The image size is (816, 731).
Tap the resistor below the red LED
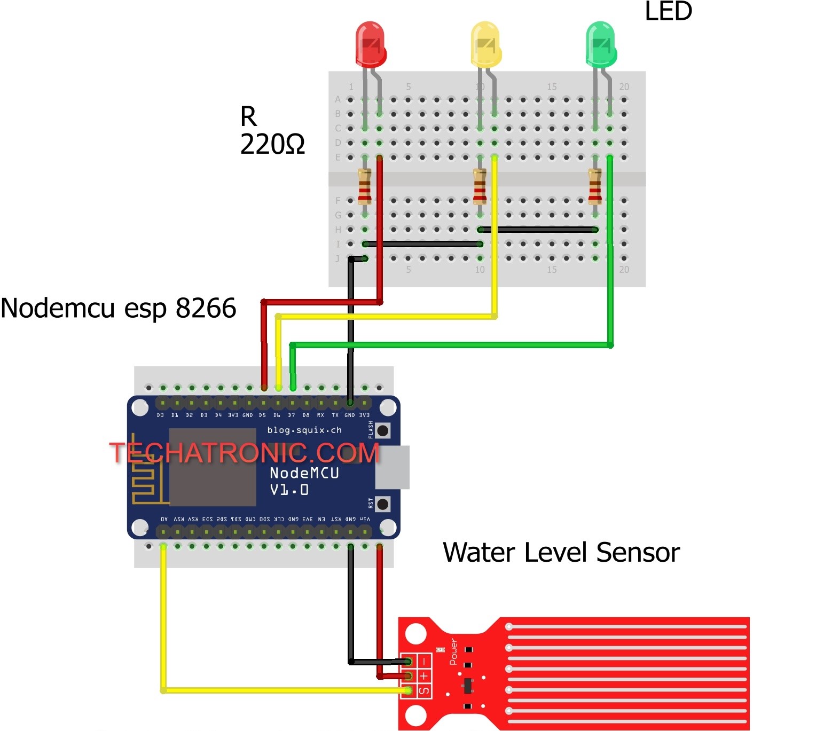365,186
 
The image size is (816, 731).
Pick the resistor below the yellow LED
480,186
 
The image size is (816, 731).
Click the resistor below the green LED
595,186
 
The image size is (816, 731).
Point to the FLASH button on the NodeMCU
382,430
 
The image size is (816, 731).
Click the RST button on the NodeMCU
382,504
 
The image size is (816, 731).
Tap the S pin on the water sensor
409,690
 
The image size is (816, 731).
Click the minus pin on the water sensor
409,662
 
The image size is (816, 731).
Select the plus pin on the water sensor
409,676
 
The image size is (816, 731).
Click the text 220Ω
272,144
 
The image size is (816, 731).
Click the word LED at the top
668,12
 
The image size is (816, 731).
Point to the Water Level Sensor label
561,552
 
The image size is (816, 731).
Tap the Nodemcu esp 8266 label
119,308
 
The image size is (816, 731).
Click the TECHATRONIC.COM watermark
244,453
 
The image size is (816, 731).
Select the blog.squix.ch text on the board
304,430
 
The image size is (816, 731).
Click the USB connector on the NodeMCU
393,467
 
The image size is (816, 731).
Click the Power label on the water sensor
453,651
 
